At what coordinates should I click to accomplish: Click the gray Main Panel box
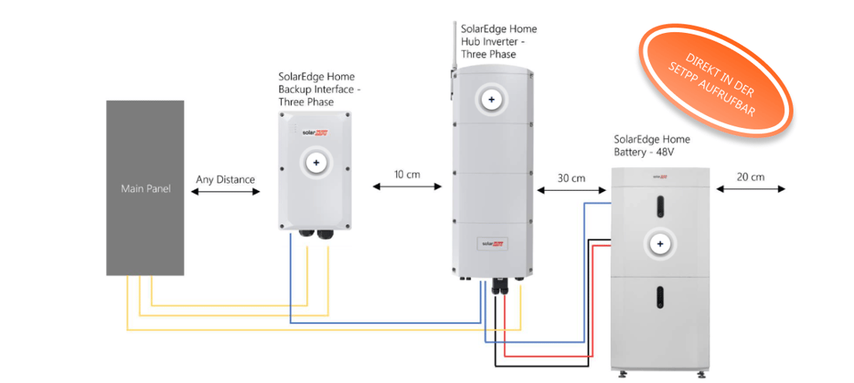click(x=145, y=188)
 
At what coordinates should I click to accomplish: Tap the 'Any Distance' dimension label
click(x=225, y=180)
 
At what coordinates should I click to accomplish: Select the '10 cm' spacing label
click(x=407, y=174)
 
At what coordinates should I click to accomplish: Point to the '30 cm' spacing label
click(x=571, y=178)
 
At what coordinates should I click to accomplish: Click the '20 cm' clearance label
click(x=750, y=177)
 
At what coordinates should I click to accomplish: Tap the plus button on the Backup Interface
click(x=316, y=162)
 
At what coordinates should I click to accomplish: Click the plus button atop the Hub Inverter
click(x=491, y=100)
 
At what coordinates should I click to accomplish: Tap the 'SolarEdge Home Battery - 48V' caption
click(x=651, y=144)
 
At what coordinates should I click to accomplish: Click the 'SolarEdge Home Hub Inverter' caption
click(x=499, y=42)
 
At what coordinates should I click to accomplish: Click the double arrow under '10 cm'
click(x=407, y=187)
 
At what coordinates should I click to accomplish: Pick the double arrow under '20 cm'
click(x=750, y=189)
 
